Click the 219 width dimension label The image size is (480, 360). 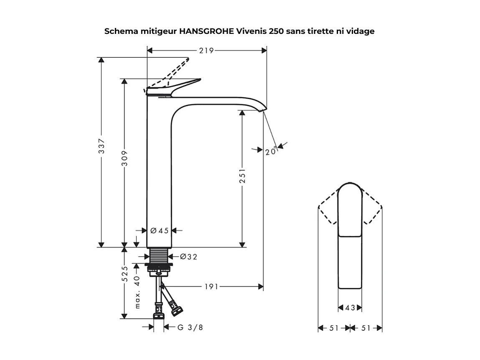coord(206,51)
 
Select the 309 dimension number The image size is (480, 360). coord(124,158)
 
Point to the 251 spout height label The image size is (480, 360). coord(242,176)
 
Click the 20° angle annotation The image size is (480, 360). coord(270,151)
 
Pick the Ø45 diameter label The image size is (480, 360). coord(159,230)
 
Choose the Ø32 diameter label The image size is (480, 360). coord(188,257)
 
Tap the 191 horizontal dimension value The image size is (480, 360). coord(211,287)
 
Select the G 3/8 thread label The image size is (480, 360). coord(190,327)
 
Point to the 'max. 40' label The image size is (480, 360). coord(137,292)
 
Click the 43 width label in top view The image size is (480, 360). coord(350,308)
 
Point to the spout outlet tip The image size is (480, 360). coord(262,110)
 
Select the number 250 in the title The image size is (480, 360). coord(277,31)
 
